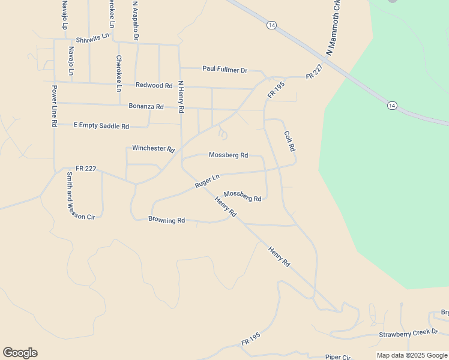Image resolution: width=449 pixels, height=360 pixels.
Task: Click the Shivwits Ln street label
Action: (x=88, y=37)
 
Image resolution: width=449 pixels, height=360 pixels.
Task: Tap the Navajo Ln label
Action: (x=71, y=61)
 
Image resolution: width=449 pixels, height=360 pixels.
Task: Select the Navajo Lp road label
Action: (x=64, y=14)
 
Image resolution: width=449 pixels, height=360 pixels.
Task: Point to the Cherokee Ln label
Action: (x=119, y=73)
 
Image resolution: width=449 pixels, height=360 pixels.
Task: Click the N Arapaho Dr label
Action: (x=136, y=21)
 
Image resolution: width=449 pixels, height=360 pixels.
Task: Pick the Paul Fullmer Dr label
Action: (x=224, y=70)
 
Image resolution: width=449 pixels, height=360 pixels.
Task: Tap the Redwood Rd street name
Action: (x=154, y=86)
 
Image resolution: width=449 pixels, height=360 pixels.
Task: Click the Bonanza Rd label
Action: (x=146, y=107)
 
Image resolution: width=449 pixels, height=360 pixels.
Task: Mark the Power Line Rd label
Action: (x=54, y=106)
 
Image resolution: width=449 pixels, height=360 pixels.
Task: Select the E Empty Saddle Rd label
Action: (x=101, y=126)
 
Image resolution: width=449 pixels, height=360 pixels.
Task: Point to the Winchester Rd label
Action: (x=153, y=148)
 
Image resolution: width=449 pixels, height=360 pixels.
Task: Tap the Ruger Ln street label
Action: (x=207, y=181)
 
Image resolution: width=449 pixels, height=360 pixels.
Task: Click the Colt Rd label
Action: (x=289, y=141)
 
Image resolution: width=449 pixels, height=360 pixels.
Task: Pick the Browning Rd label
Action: (x=166, y=220)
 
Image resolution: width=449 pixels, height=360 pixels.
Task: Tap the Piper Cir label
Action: (x=337, y=357)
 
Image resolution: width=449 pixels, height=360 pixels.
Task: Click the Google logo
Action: (x=20, y=353)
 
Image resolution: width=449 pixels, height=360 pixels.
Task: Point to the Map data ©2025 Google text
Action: (x=412, y=356)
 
